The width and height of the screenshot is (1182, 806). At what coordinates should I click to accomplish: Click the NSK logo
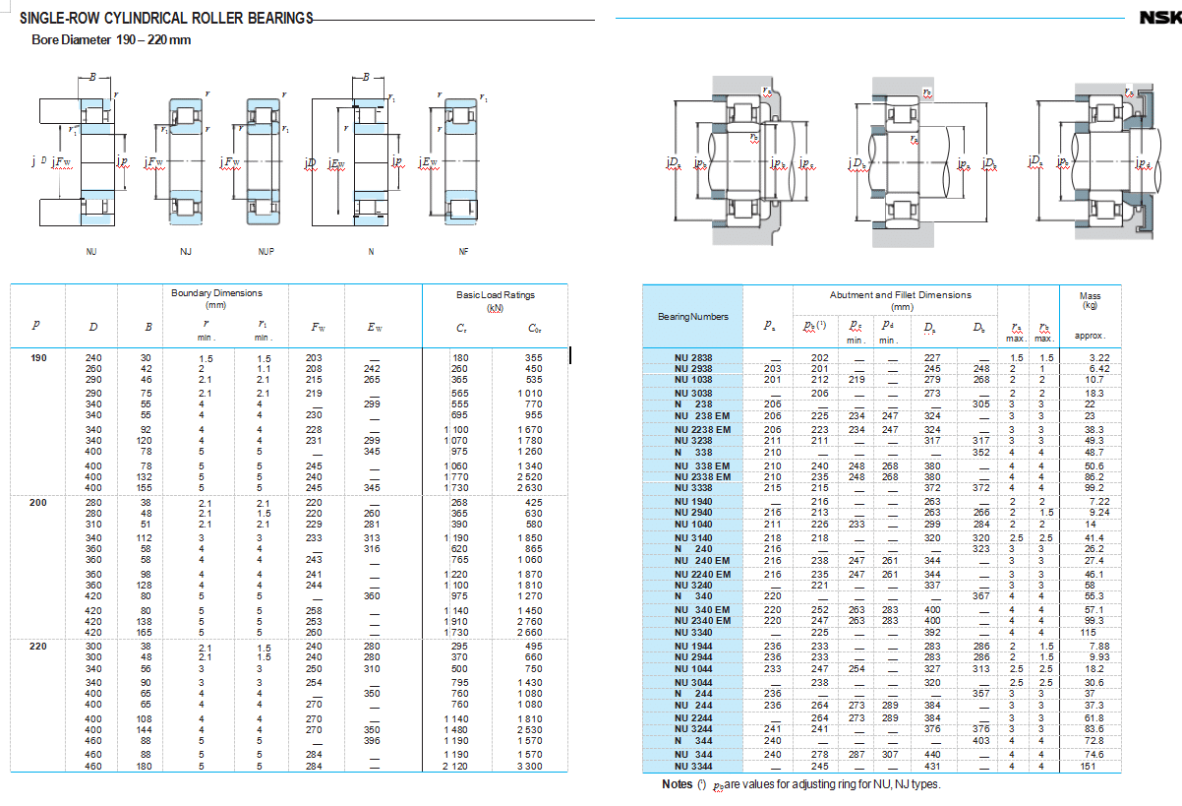tap(1159, 18)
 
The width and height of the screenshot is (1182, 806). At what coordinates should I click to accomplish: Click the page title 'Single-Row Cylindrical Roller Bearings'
tap(166, 18)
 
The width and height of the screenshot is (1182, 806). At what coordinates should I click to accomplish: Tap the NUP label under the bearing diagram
tap(266, 252)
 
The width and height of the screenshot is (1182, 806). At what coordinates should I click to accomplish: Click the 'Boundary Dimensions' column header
tap(216, 298)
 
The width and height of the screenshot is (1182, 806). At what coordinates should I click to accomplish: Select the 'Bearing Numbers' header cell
tap(692, 316)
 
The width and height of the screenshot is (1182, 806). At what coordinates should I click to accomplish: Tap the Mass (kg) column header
tap(1090, 300)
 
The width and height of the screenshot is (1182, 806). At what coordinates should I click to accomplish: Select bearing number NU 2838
tap(693, 358)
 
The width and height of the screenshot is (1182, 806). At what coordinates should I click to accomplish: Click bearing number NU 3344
tap(693, 766)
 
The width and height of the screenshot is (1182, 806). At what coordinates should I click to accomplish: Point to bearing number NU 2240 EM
tap(702, 574)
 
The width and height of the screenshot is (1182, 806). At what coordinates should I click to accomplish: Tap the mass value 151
tap(1089, 766)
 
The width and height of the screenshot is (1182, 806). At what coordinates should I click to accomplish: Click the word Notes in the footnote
tap(678, 784)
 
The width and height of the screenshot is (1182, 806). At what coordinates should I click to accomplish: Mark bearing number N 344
tap(693, 741)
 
